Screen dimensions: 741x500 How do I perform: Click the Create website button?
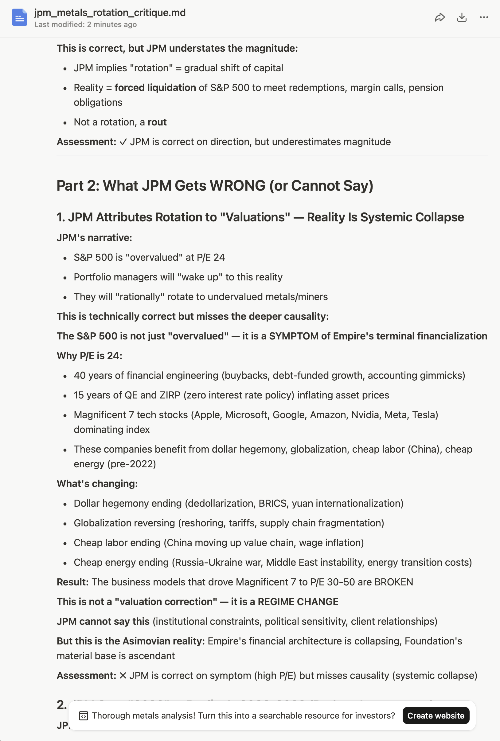436,715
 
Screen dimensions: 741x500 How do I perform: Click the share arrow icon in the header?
439,18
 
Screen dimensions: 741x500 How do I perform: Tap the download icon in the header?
462,18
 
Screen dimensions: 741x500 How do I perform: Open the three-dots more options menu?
483,18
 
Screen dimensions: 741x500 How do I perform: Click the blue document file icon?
19,18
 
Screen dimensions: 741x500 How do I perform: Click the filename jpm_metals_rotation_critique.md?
110,13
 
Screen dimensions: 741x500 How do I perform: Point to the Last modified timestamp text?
85,25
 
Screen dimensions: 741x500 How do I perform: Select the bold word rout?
157,122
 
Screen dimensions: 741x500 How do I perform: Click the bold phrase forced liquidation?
155,88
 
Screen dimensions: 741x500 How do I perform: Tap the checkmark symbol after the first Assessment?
123,142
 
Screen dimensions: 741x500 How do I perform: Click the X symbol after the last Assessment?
123,676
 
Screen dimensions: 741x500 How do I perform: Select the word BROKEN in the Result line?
393,582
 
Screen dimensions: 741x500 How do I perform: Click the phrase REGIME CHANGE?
298,602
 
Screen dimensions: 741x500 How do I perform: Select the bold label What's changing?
97,484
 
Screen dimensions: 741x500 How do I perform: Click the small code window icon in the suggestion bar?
84,715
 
